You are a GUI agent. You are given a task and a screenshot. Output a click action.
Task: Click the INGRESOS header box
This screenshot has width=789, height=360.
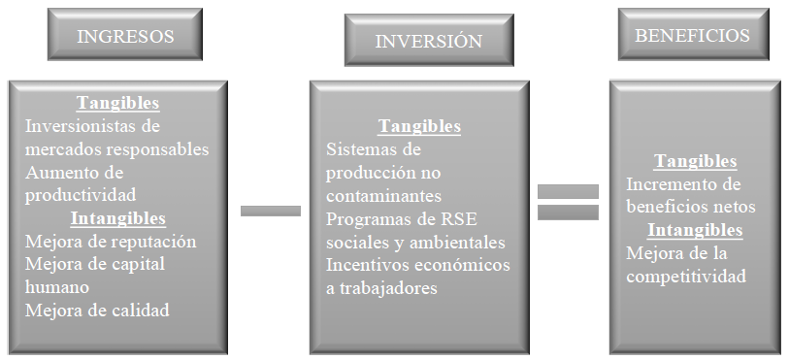pos(125,34)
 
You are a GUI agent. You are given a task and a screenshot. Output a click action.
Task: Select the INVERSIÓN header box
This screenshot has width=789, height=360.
pos(429,40)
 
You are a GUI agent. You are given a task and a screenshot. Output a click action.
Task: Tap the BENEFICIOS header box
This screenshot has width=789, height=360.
pos(693,34)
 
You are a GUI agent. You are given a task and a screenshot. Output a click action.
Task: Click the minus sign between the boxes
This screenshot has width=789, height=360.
pos(271,211)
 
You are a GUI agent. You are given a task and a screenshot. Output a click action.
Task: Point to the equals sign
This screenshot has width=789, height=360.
pos(568,202)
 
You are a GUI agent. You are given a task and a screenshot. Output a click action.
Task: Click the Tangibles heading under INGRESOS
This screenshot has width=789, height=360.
pos(117,103)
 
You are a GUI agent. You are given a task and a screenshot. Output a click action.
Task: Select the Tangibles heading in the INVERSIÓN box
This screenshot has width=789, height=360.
pos(419,126)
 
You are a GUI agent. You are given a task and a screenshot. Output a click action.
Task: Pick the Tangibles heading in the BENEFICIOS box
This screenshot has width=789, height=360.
pos(695,161)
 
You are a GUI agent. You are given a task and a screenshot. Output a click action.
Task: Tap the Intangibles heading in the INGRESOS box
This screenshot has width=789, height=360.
pos(117,218)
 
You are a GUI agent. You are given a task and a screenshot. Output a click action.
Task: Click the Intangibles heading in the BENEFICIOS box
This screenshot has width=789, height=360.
pos(695,230)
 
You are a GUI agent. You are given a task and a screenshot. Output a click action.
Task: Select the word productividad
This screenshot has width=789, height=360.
pos(81,195)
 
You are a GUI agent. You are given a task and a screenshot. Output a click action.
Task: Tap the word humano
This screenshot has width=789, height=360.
pos(57,287)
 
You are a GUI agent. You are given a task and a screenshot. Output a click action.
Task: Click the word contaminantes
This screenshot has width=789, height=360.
pos(383,196)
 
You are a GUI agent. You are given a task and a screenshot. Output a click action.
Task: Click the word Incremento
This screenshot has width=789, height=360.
pos(665,184)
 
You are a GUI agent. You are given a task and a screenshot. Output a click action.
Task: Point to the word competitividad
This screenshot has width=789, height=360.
pos(686,277)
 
